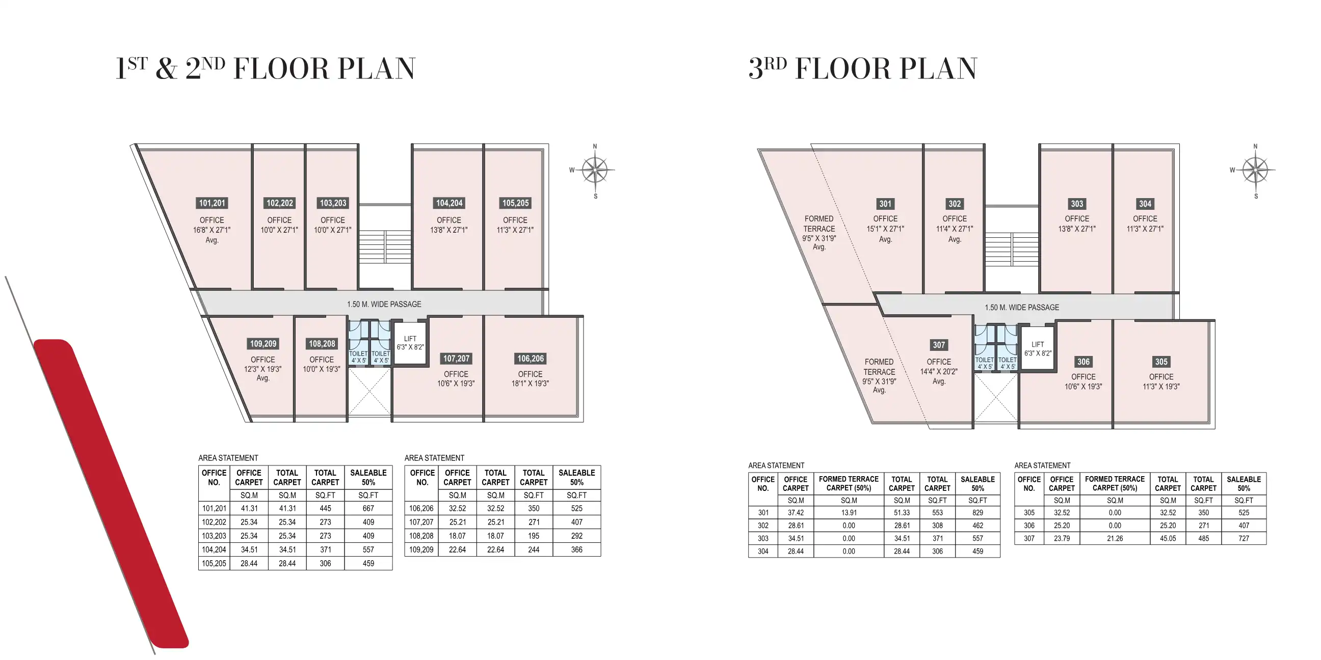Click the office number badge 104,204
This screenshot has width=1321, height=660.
click(x=449, y=203)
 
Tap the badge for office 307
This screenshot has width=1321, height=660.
click(x=938, y=345)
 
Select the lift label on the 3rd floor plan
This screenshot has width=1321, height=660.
click(x=1038, y=349)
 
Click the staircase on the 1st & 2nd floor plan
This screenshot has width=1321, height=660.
click(x=385, y=246)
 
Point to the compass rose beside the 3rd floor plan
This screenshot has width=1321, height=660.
click(x=1255, y=170)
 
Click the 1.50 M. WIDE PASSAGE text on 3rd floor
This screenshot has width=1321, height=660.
click(x=1021, y=308)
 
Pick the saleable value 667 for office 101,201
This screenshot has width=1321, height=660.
click(x=368, y=508)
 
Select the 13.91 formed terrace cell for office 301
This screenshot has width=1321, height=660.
click(x=849, y=512)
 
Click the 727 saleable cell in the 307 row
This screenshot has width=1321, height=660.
click(x=1244, y=539)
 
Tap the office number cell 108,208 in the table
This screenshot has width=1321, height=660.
click(x=421, y=536)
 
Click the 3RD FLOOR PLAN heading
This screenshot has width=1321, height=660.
click(x=862, y=69)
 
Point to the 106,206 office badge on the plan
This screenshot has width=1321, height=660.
click(x=530, y=359)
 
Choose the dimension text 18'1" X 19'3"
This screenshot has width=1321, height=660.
click(x=530, y=383)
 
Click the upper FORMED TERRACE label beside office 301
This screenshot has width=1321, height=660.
click(x=819, y=224)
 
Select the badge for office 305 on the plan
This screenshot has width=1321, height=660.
click(x=1161, y=362)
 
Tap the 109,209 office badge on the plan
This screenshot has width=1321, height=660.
click(x=263, y=344)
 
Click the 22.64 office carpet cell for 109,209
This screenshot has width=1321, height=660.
click(x=457, y=550)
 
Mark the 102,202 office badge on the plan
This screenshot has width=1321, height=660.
click(x=279, y=203)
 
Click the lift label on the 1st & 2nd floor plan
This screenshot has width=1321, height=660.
click(x=410, y=343)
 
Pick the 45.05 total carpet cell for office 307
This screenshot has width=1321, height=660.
click(x=1168, y=539)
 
